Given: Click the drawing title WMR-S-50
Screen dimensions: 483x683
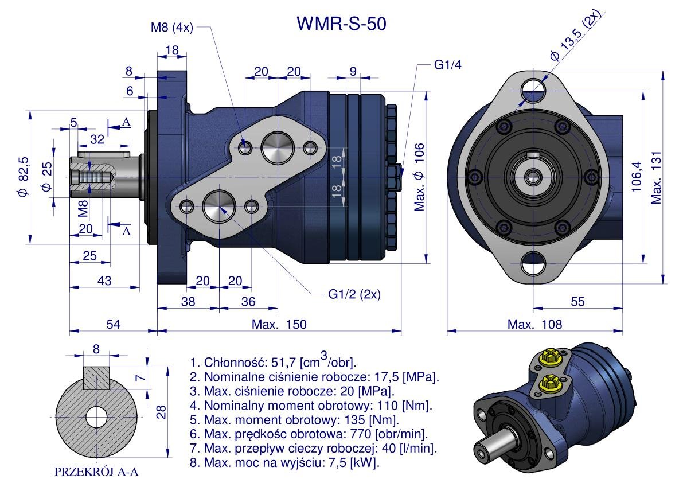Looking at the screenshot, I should [341, 24].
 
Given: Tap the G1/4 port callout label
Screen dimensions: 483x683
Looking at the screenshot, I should [447, 64].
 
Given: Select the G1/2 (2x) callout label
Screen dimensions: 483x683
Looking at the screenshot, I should [354, 294].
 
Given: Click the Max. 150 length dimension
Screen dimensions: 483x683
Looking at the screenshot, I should [279, 325].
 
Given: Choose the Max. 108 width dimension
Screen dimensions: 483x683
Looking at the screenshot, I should [534, 325].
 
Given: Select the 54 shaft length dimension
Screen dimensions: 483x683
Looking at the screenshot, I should [113, 325].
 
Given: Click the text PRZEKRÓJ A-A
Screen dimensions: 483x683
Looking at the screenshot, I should [96, 472].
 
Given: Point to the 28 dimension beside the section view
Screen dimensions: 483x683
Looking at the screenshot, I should [162, 411].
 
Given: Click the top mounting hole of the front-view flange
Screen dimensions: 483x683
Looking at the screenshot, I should [533, 89].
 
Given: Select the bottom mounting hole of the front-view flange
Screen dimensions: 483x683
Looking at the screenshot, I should [533, 264].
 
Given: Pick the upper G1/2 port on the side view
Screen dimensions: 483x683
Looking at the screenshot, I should [276, 147].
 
